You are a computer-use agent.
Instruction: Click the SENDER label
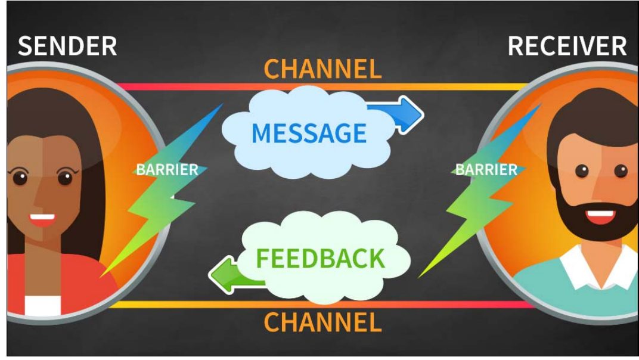coord(67,46)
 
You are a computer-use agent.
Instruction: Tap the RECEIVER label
coord(567,46)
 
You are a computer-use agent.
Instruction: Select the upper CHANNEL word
coord(322,69)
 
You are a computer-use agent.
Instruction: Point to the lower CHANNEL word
coord(322,322)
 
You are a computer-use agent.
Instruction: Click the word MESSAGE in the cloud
coord(309,133)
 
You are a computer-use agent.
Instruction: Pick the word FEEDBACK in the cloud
coord(320,259)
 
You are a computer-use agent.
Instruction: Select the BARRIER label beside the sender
coord(167,170)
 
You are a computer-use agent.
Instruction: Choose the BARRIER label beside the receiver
coord(486,170)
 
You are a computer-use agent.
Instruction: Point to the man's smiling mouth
coord(600,216)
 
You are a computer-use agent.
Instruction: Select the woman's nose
coord(40,195)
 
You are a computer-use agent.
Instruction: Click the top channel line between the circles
coord(322,87)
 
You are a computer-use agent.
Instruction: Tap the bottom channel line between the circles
coord(322,305)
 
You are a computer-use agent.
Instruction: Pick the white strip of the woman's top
coord(42,305)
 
